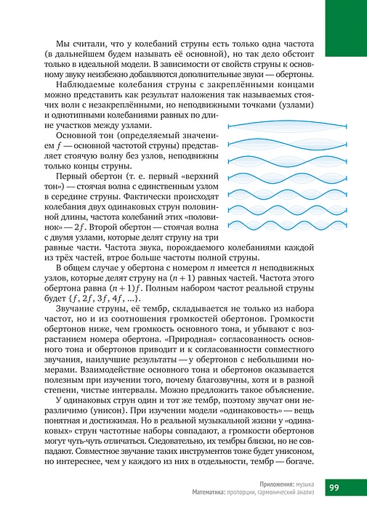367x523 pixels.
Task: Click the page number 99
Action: (339, 487)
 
